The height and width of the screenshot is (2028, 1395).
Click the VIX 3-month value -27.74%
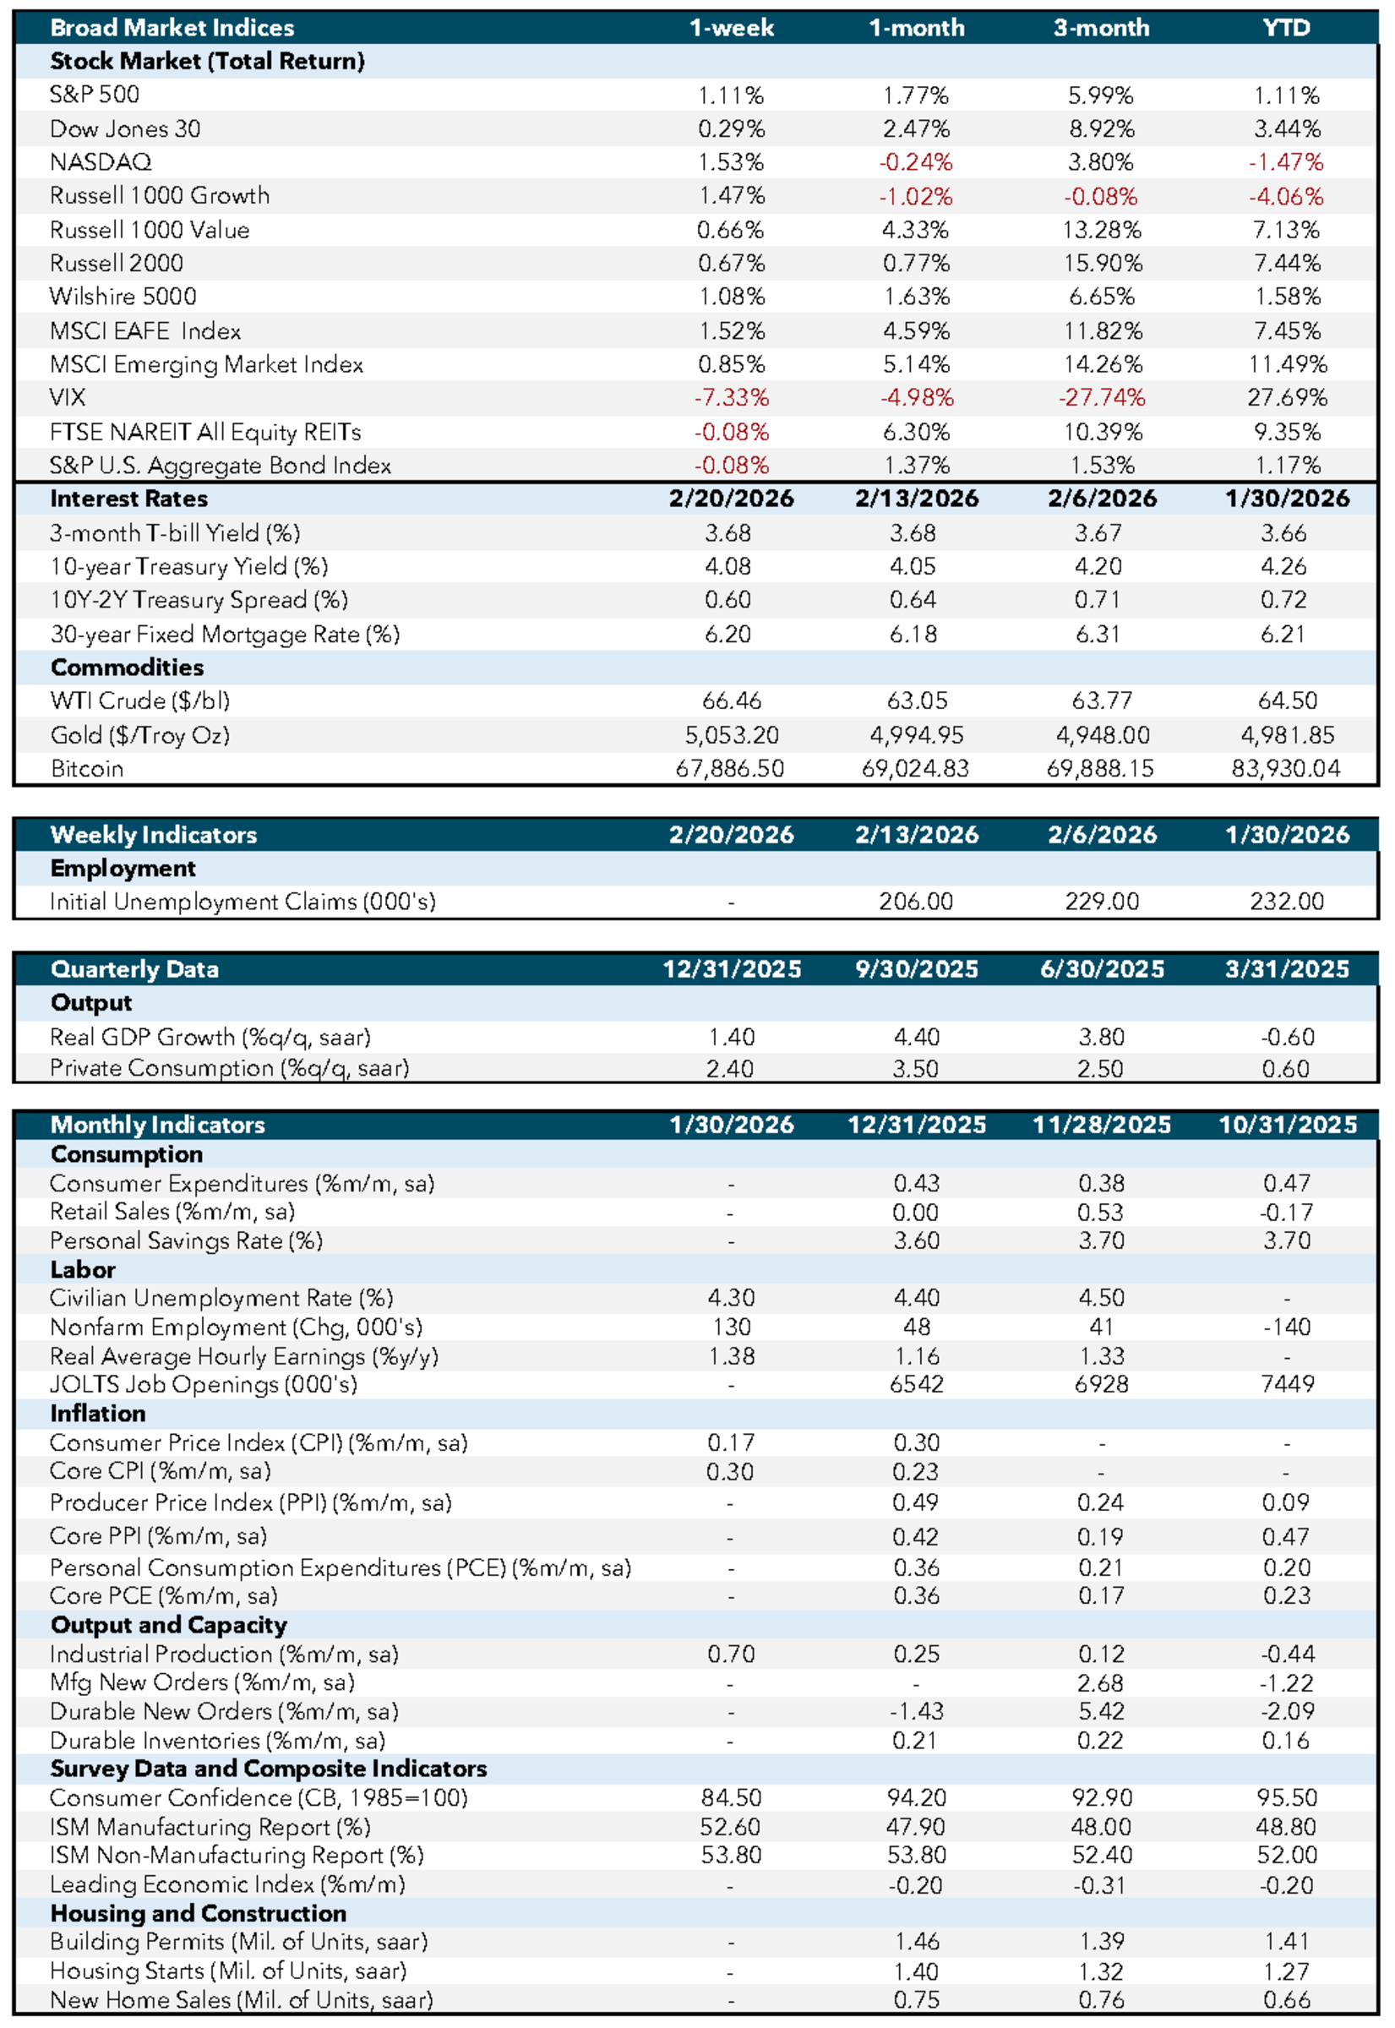1101,398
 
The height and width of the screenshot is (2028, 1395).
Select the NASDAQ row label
101,161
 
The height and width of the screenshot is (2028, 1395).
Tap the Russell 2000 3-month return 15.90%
1101,263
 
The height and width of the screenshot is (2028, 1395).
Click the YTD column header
1286,28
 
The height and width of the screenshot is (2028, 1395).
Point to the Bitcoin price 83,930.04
1286,768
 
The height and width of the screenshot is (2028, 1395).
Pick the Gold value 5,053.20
731,735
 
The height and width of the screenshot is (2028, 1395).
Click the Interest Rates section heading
128,499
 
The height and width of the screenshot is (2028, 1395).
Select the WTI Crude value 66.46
731,701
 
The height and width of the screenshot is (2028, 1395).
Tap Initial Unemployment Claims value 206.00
916,902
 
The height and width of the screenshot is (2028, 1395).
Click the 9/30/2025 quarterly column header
916,968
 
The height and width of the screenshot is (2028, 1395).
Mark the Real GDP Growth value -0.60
1286,1037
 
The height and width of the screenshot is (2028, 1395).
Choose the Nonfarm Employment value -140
1286,1327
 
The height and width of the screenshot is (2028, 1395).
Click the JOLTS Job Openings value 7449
1286,1384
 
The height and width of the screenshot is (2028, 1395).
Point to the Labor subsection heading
82,1269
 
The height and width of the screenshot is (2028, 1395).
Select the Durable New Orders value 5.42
1101,1710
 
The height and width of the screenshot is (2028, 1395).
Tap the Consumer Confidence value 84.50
731,1797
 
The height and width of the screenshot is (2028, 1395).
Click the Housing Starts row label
228,1971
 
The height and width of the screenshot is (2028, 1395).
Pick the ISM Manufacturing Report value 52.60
731,1826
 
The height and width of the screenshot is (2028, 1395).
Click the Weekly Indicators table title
153,835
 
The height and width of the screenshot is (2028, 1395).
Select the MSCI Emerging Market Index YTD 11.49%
1286,363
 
